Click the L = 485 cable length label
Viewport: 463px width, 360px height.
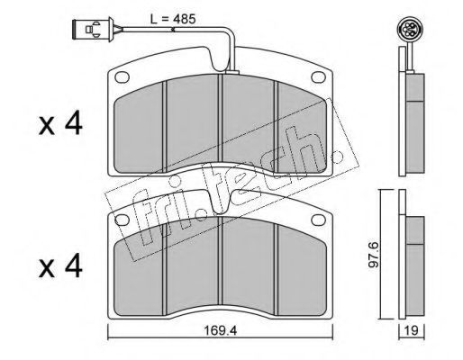173,19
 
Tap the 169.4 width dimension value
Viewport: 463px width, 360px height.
221,330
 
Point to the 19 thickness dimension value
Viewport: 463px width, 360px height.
412,331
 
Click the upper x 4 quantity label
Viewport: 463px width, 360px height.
60,122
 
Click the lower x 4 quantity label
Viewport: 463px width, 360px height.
60,265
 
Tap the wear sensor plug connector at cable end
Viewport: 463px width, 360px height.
93,29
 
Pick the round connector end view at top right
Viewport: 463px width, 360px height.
407,29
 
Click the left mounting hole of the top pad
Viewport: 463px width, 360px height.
122,77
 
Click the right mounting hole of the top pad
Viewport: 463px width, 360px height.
318,76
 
